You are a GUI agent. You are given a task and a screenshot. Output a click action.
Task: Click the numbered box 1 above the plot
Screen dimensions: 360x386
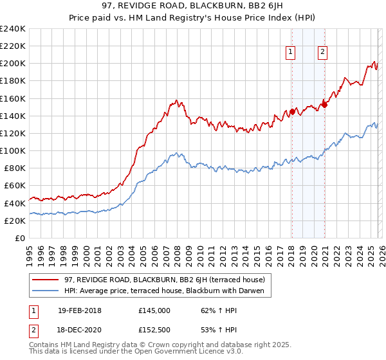(x=291, y=53)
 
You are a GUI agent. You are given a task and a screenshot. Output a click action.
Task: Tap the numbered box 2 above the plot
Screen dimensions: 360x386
(x=322, y=53)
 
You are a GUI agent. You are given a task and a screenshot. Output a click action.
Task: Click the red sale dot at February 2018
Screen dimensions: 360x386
(x=292, y=111)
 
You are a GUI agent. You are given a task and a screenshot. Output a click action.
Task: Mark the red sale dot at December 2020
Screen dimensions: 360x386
(x=324, y=105)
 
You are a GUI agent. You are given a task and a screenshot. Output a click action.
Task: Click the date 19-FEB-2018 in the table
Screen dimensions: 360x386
(x=80, y=310)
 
